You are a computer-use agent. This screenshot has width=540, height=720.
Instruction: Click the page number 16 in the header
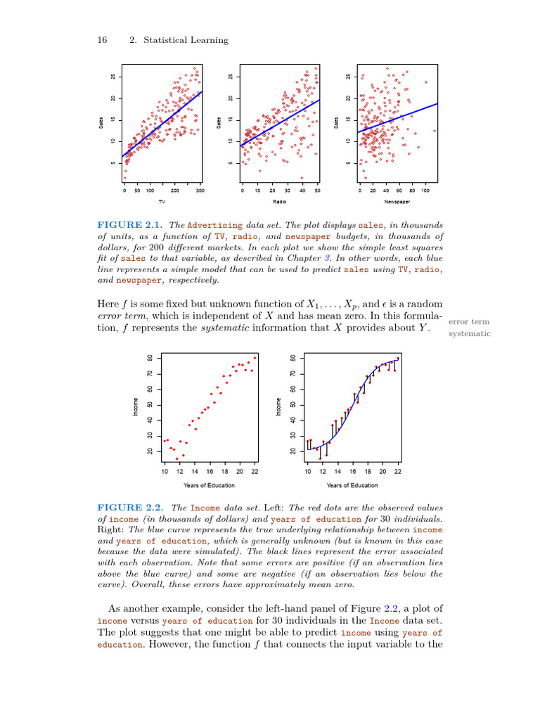[101, 40]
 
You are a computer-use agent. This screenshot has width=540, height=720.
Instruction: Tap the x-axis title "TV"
[162, 202]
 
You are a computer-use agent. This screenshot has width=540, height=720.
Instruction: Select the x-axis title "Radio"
[279, 202]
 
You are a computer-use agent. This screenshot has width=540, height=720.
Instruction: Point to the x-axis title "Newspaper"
[397, 202]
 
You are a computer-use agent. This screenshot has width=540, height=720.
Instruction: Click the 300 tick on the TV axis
[200, 190]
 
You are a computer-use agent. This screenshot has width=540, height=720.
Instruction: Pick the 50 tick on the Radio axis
[317, 190]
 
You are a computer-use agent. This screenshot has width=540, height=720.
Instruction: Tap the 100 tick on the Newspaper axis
[425, 190]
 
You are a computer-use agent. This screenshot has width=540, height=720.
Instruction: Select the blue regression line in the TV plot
[162, 124]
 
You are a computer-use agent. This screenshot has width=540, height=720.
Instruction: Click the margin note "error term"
[468, 321]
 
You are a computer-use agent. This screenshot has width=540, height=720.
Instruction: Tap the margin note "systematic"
[469, 333]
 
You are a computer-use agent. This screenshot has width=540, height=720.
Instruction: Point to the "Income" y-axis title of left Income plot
[135, 406]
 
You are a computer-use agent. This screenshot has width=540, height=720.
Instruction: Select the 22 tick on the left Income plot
[254, 472]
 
